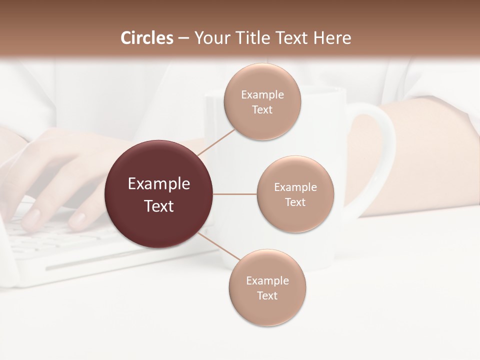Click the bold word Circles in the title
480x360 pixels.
pos(146,38)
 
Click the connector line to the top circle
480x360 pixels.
pos(216,142)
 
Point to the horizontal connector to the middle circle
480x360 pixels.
pos(234,194)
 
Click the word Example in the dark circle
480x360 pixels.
pos(159,184)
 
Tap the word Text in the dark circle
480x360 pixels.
pos(159,206)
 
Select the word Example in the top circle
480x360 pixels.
pos(262,94)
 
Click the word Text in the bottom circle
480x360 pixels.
pos(267,295)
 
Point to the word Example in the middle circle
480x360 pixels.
pos(295,187)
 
